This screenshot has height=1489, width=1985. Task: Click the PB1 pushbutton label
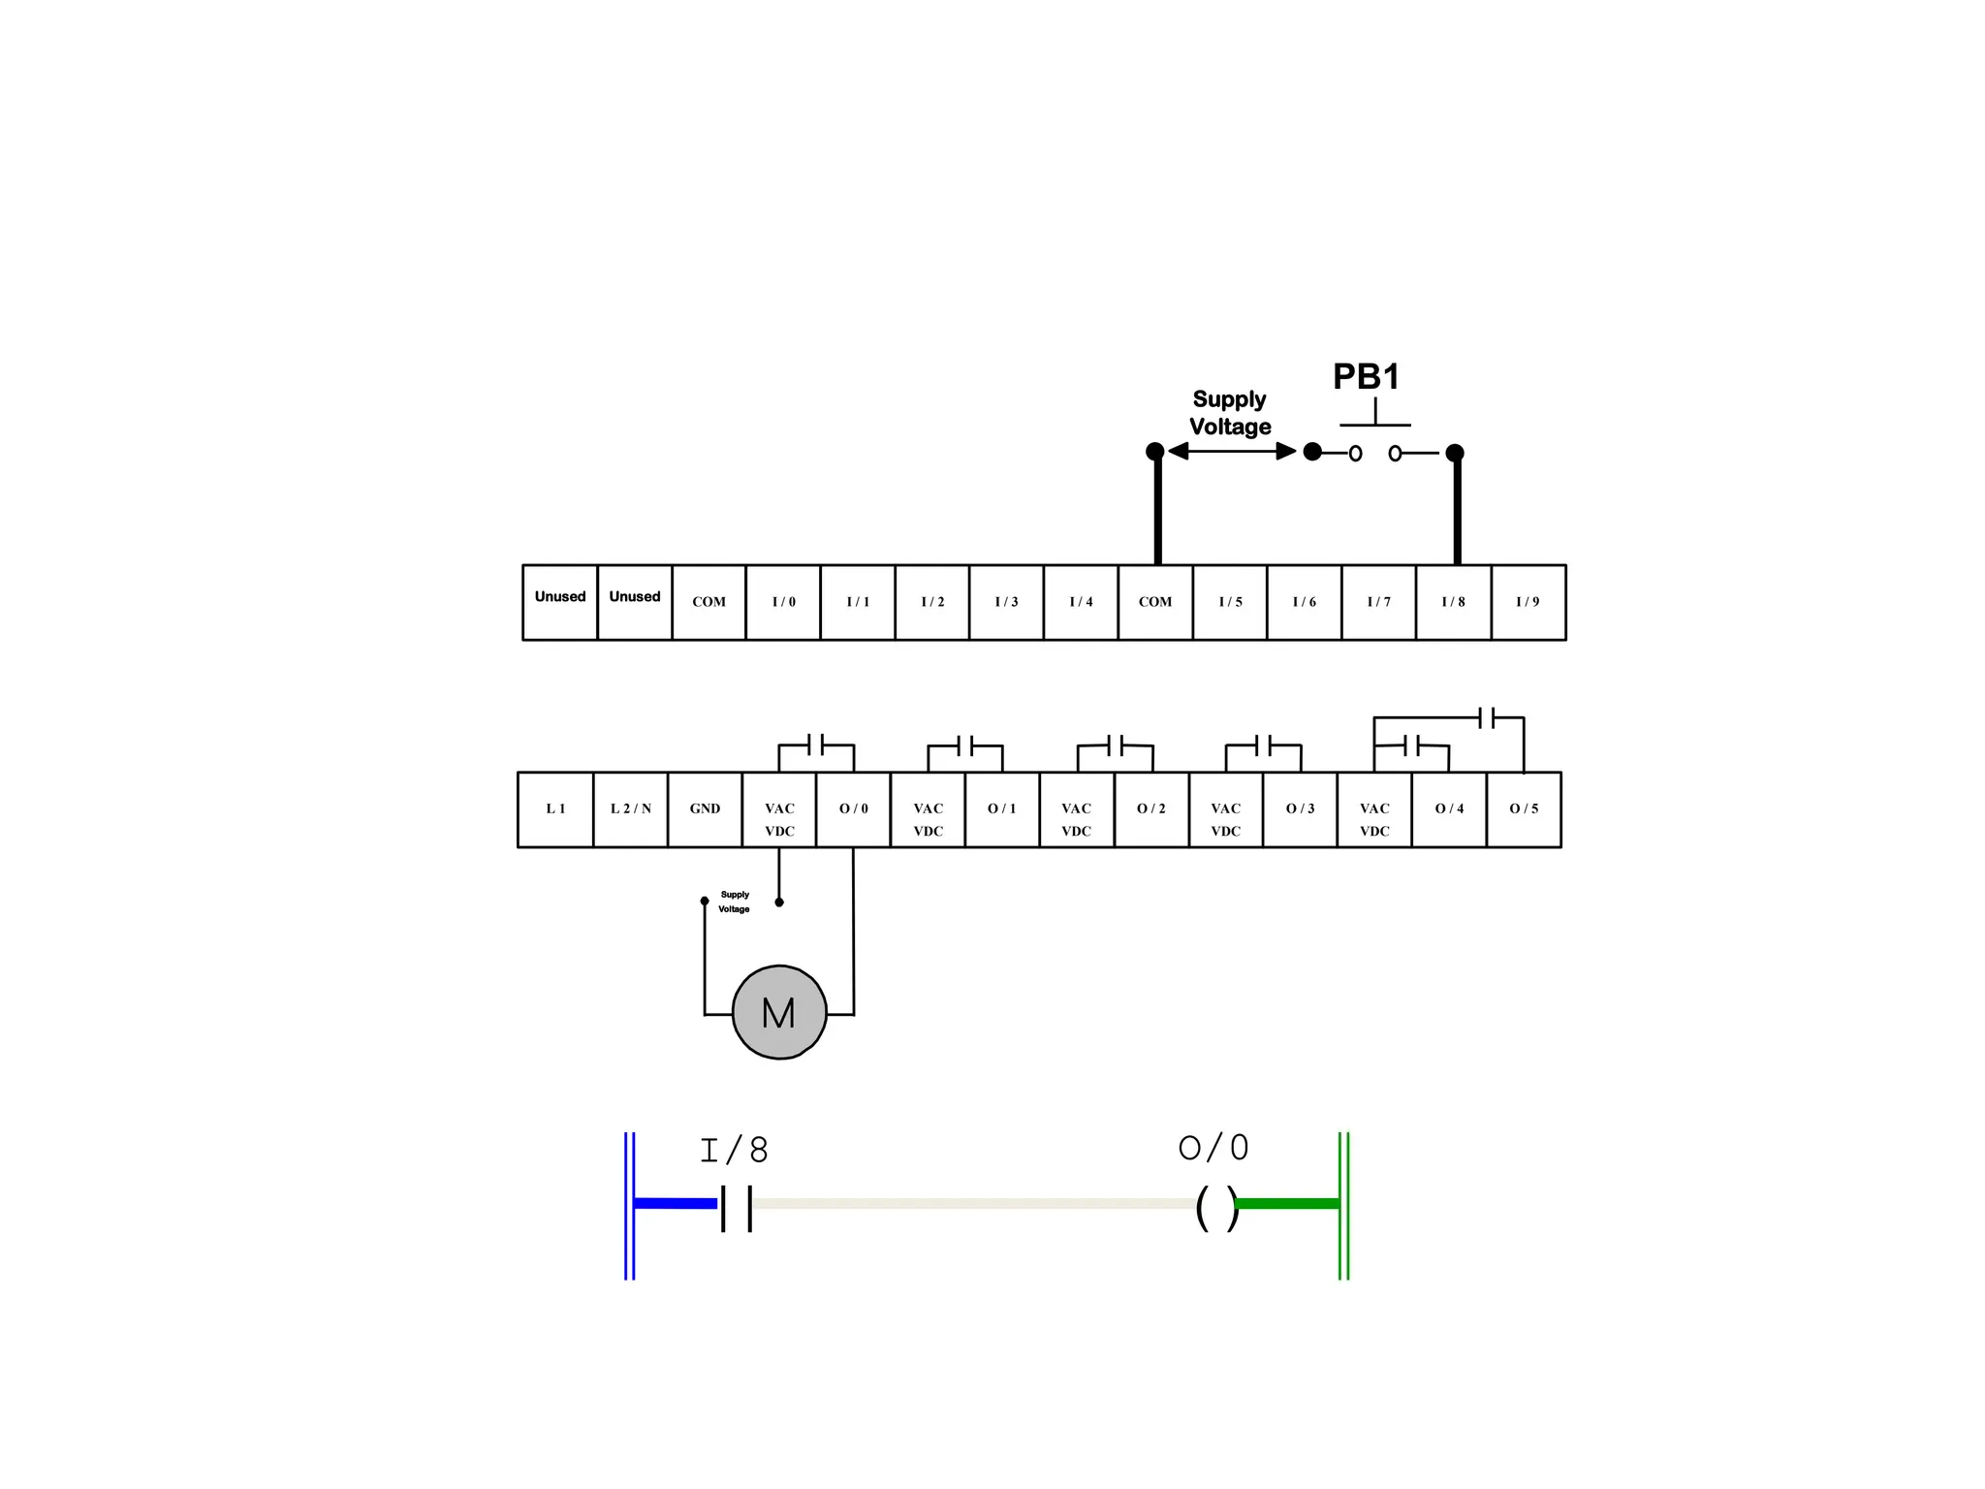[1366, 377]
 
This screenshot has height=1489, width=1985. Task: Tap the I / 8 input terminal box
[1453, 602]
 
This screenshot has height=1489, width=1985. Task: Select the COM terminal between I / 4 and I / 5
[1155, 602]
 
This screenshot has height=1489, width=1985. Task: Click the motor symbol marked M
[779, 1012]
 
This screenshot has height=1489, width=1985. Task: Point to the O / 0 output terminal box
[853, 809]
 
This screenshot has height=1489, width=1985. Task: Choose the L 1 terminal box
[555, 809]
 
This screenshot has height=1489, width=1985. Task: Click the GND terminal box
[705, 809]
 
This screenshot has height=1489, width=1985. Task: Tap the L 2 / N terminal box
[630, 809]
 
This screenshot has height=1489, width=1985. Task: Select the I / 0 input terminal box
[783, 602]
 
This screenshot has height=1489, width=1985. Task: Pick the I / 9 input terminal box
[1528, 602]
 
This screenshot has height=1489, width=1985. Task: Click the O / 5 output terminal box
[1524, 809]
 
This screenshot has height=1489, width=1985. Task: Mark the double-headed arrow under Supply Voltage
[1232, 451]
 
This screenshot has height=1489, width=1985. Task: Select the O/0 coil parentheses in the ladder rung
[1217, 1208]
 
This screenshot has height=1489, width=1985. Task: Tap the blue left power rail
[630, 1205]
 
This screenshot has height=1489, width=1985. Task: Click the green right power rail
[1343, 1205]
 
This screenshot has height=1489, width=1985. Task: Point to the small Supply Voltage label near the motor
[735, 902]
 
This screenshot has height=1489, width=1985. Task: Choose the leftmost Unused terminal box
[560, 602]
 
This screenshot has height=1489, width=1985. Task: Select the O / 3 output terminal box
[1300, 809]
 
